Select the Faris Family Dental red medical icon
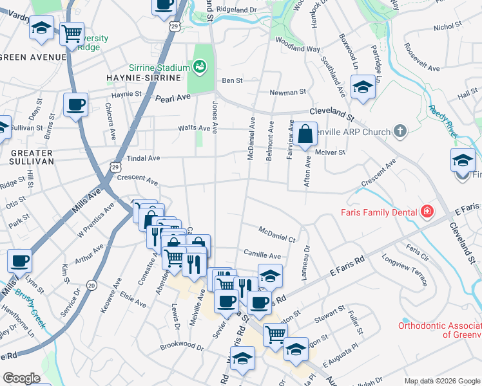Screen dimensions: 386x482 426,211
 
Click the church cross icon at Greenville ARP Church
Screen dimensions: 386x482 400,132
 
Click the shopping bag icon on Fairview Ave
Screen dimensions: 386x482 307,134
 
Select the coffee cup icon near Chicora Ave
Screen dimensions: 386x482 75,105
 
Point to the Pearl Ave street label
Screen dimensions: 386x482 173,98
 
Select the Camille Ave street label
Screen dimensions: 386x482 262,255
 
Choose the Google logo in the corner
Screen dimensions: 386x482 22,378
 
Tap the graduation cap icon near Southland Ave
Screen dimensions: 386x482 363,87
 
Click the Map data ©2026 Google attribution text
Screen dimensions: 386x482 442,381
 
